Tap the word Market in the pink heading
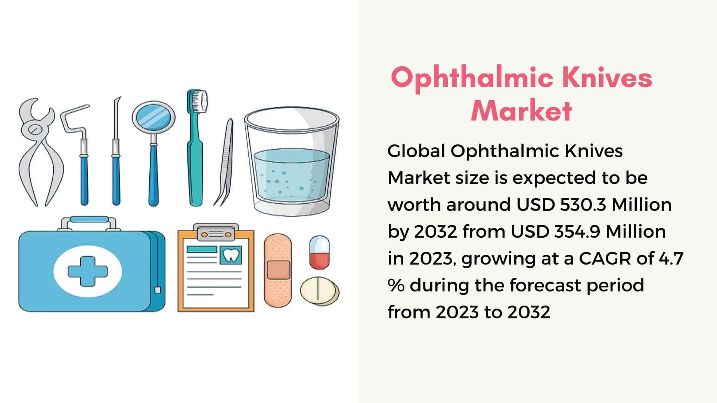tap(521, 110)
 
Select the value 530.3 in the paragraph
tap(583, 204)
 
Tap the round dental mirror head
tap(153, 116)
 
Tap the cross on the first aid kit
tap(88, 271)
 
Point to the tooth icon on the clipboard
tap(230, 255)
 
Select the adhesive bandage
tap(277, 271)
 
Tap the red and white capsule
tap(319, 252)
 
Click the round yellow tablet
tap(320, 291)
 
